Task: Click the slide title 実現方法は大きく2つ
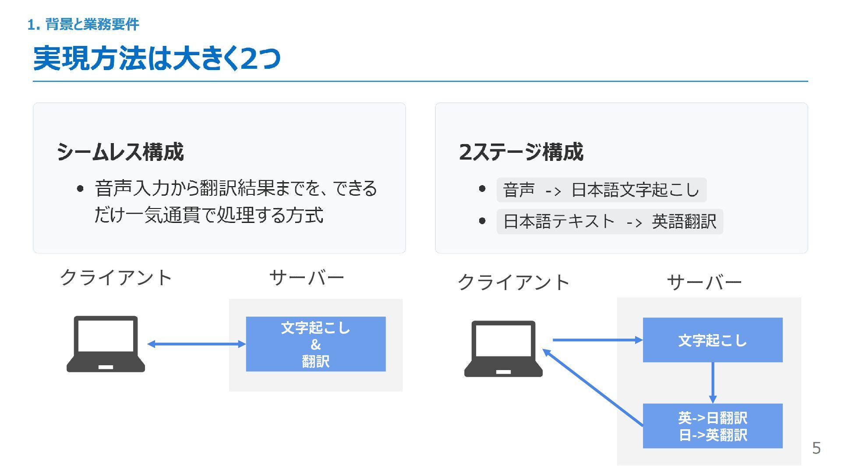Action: point(157,58)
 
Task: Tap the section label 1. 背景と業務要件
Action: point(83,25)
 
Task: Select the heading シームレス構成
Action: point(120,152)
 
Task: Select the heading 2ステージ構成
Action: point(521,152)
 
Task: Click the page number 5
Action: point(816,448)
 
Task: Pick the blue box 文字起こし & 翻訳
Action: point(315,344)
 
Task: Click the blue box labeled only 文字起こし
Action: point(712,340)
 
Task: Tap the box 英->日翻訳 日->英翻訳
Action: point(712,426)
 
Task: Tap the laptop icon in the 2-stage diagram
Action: point(503,349)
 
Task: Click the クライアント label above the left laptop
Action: point(116,278)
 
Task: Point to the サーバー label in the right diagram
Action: point(704,282)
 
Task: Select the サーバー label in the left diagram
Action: point(306,278)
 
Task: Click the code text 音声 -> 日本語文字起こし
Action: point(601,190)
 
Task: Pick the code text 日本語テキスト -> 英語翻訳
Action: point(609,222)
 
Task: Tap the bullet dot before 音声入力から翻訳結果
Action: point(80,189)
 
